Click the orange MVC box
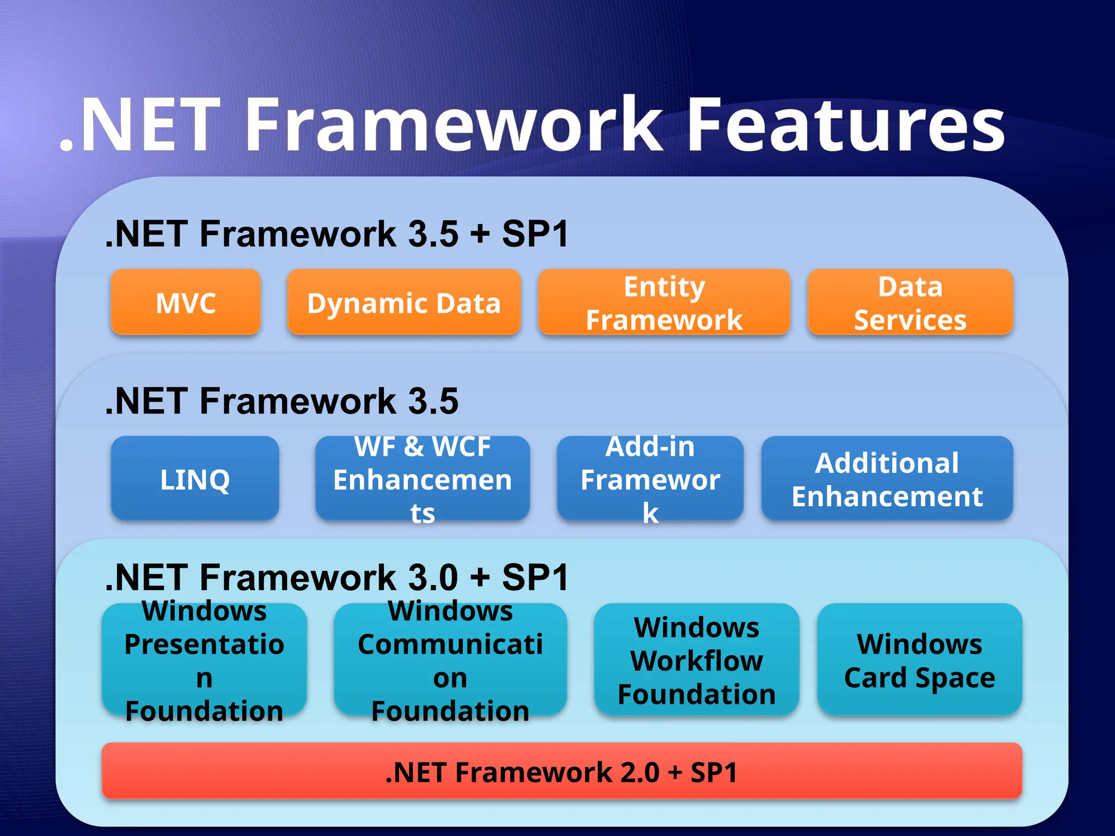[x=186, y=303]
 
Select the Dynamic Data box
[x=403, y=303]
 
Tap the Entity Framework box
[x=664, y=303]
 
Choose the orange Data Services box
[x=910, y=303]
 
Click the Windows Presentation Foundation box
[x=204, y=660]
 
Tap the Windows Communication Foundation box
[x=450, y=660]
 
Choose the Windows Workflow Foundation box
[x=696, y=660]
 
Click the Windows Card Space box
[x=920, y=660]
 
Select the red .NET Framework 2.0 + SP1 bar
[x=561, y=771]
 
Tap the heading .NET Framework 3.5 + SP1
[x=337, y=234]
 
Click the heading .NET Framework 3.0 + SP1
[x=337, y=577]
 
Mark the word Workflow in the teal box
[x=696, y=661]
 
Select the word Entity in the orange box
[x=664, y=287]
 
